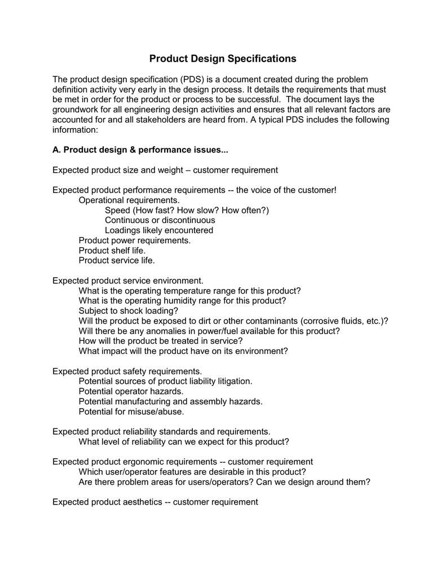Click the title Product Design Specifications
click(x=223, y=59)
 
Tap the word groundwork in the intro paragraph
click(x=78, y=110)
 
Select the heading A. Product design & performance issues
click(x=140, y=150)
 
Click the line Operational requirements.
click(x=129, y=200)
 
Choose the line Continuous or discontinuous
click(x=160, y=220)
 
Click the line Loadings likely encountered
click(x=159, y=230)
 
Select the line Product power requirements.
click(x=135, y=240)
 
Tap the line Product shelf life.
click(x=112, y=250)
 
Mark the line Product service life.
click(x=117, y=260)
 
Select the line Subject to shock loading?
click(x=129, y=310)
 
